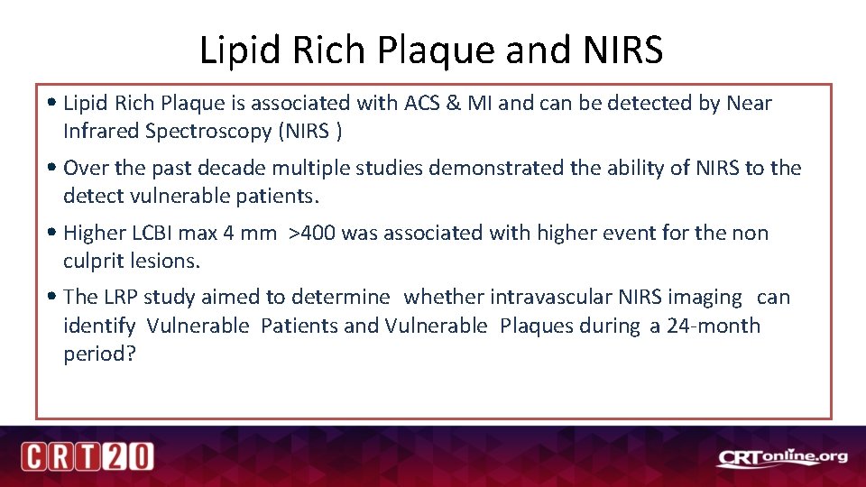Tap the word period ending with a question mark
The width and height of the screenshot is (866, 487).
click(x=99, y=354)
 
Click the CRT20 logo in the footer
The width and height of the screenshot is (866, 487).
click(x=88, y=456)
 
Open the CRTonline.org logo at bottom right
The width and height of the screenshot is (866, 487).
click(x=782, y=458)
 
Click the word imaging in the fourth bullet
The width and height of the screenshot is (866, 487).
click(x=707, y=297)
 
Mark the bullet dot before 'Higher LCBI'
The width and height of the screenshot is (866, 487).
click(x=56, y=233)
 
